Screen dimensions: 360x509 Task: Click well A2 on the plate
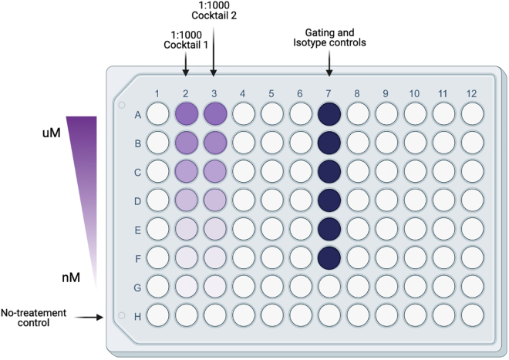tap(186, 115)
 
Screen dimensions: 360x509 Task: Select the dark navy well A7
tap(329, 115)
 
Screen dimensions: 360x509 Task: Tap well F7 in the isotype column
tap(329, 257)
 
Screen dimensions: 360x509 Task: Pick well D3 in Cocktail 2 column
tap(214, 200)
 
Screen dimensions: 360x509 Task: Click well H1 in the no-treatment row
tap(157, 315)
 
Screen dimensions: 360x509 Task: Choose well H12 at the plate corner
tap(472, 315)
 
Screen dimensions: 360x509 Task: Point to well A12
tap(472, 115)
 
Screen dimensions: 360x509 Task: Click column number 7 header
tap(329, 94)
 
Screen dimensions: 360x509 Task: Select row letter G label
tap(137, 287)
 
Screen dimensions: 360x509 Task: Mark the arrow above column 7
tap(329, 66)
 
